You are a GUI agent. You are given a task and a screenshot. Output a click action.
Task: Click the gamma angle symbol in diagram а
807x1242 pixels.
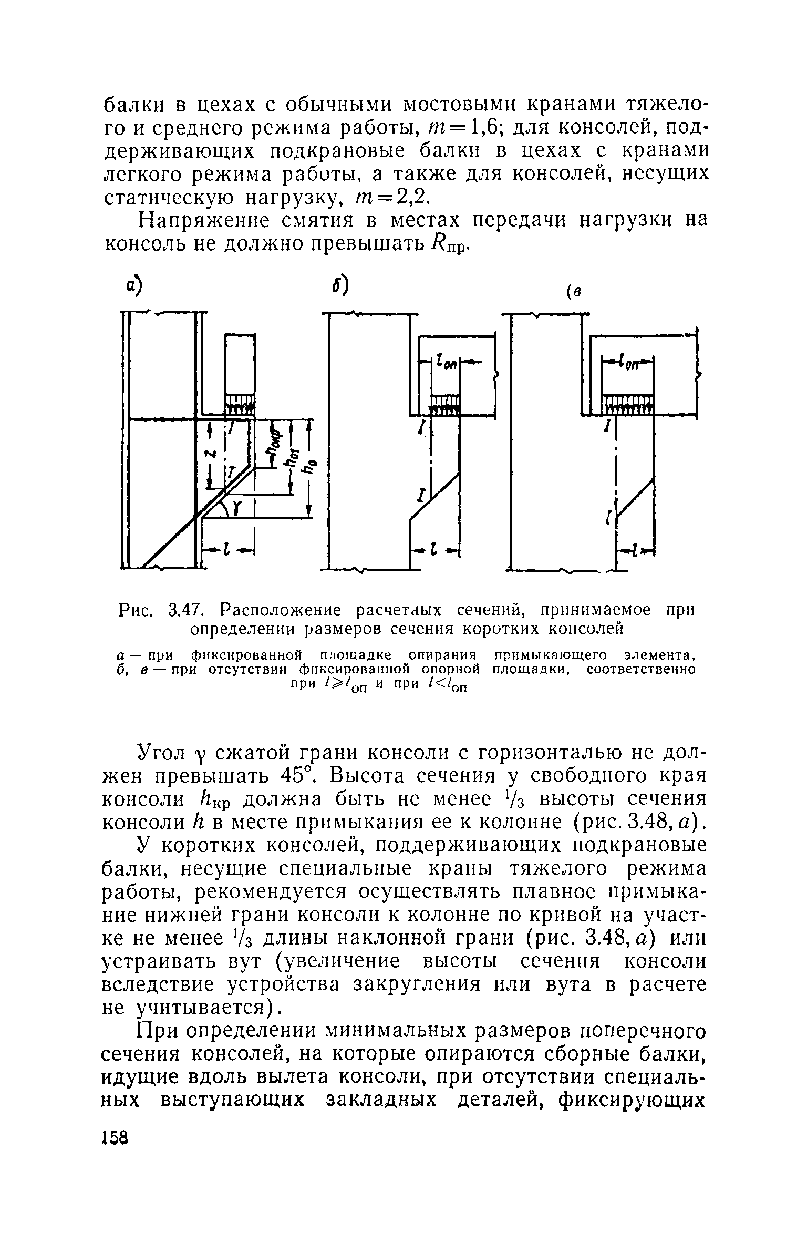[236, 507]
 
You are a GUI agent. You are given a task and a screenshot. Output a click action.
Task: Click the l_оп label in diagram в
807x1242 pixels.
[628, 363]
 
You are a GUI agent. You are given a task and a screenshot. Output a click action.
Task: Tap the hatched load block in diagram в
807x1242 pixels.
[628, 405]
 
